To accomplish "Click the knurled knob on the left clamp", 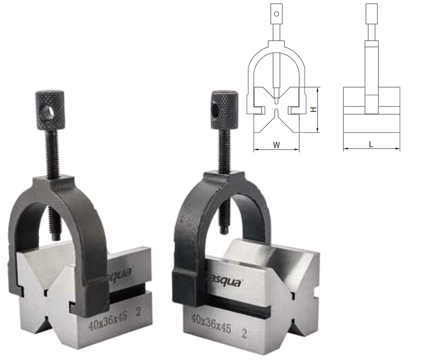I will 50,109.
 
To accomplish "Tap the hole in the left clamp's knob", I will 48,112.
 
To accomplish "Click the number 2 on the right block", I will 243,333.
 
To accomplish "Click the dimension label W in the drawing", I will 276,145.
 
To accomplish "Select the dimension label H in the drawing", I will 313,109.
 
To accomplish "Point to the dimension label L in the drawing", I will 371,144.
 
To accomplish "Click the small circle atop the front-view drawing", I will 276,14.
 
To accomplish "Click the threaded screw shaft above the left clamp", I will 53,154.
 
